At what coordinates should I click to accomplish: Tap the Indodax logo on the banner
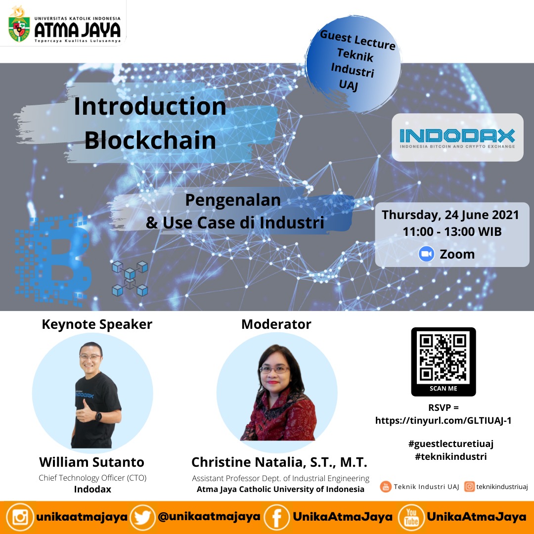click(x=457, y=137)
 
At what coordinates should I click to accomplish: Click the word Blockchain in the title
click(x=150, y=140)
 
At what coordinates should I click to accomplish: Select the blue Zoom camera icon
click(x=426, y=254)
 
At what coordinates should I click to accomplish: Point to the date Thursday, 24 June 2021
click(x=450, y=215)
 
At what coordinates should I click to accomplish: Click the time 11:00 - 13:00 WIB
click(x=452, y=231)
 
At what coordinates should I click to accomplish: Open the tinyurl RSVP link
click(x=443, y=421)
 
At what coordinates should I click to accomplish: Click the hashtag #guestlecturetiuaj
click(x=450, y=444)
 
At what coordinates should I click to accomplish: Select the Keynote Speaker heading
click(x=97, y=324)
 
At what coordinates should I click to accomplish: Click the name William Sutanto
click(x=91, y=462)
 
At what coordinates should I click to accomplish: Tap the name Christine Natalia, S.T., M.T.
click(x=279, y=462)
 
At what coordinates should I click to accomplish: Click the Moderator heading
click(x=276, y=324)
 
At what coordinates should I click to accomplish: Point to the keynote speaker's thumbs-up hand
click(x=85, y=412)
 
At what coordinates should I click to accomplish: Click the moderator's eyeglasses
click(x=274, y=369)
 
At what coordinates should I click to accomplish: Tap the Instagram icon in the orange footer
click(x=20, y=517)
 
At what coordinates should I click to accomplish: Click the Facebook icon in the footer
click(x=277, y=517)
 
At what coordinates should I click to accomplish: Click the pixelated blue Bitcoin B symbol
click(x=53, y=260)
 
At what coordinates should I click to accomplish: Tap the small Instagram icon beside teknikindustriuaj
click(x=469, y=487)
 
